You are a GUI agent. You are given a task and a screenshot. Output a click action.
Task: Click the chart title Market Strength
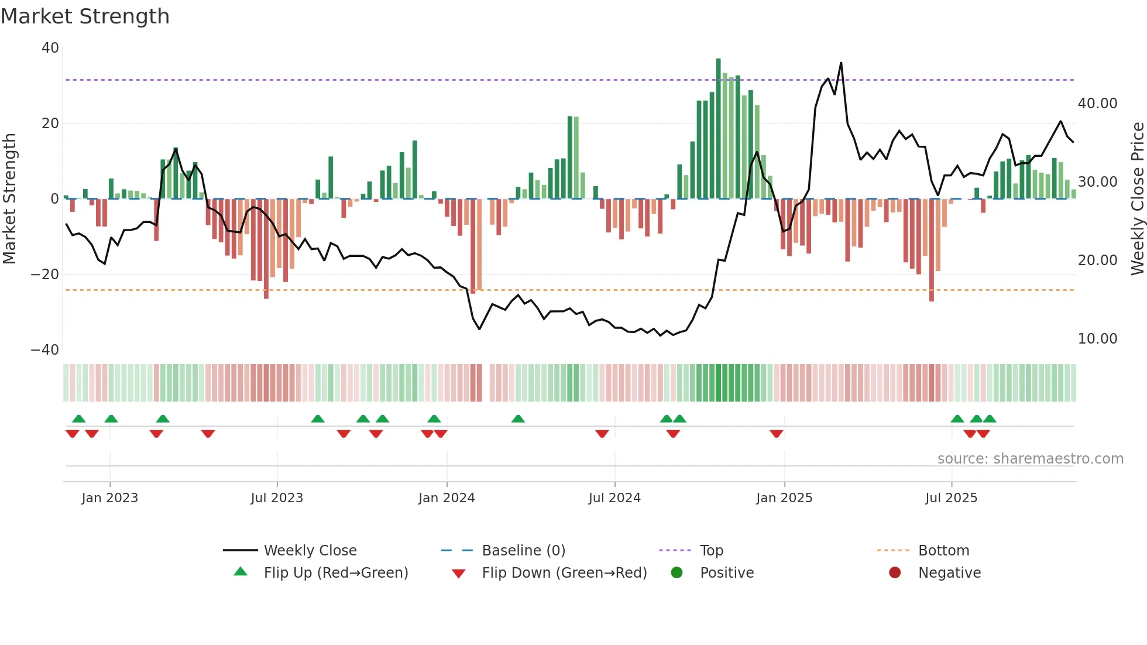pyautogui.click(x=85, y=16)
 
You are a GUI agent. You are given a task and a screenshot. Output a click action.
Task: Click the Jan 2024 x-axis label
pyautogui.click(x=447, y=498)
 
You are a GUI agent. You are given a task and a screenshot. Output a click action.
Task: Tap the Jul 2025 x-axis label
pyautogui.click(x=951, y=498)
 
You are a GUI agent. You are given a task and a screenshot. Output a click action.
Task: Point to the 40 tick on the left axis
pyautogui.click(x=50, y=48)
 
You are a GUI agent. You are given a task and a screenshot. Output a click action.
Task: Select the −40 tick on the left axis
pyautogui.click(x=45, y=350)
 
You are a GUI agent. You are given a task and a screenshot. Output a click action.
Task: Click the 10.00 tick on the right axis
pyautogui.click(x=1097, y=339)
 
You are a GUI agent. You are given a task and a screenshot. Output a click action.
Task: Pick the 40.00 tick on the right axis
pyautogui.click(x=1097, y=104)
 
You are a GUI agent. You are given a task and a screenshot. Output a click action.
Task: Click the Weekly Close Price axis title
pyautogui.click(x=1137, y=198)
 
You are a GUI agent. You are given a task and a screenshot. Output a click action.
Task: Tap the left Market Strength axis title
pyautogui.click(x=9, y=198)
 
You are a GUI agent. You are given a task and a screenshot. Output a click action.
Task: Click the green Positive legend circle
pyautogui.click(x=677, y=573)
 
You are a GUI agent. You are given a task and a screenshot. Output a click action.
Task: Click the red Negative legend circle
pyautogui.click(x=895, y=573)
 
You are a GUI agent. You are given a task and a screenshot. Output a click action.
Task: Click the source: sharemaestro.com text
pyautogui.click(x=1030, y=459)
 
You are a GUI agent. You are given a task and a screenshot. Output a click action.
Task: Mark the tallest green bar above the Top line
pyautogui.click(x=719, y=67)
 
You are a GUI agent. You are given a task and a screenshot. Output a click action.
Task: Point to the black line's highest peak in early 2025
pyautogui.click(x=841, y=63)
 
